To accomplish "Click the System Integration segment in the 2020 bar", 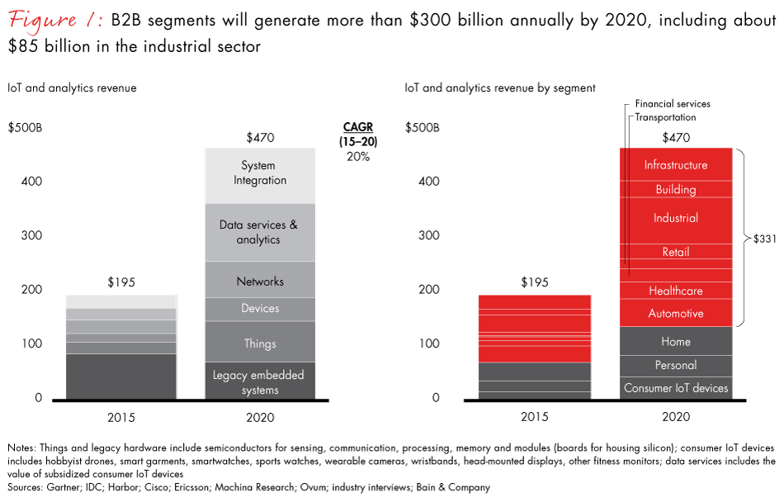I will point(259,173).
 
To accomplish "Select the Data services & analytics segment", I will point(259,232).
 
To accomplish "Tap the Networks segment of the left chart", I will point(259,282).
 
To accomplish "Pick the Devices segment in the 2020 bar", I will point(259,308).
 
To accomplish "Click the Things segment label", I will point(259,343).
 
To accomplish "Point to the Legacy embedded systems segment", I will point(259,382).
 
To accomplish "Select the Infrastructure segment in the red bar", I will point(676,165).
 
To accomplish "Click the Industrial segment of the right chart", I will point(676,218).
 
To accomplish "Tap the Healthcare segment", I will point(676,291).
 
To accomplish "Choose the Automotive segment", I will point(676,314).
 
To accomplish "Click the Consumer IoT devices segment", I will point(676,388).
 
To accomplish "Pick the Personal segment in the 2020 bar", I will point(676,365).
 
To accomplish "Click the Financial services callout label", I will point(673,104).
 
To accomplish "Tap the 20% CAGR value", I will point(358,156).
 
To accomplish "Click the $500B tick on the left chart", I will point(25,128).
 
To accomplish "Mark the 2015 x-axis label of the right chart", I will point(535,417).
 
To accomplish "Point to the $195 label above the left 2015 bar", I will point(120,282).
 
